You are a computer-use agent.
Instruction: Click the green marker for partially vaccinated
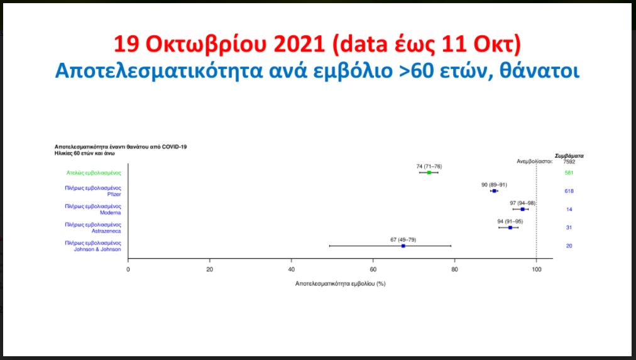(429, 173)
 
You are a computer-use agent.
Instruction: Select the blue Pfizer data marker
(494, 191)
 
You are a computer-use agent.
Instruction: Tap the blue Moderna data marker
(522, 209)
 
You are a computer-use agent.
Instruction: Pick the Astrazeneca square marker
(510, 227)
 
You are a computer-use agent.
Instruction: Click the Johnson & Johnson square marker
(403, 246)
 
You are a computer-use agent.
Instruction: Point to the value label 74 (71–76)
(429, 166)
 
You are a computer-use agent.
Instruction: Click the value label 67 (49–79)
(403, 240)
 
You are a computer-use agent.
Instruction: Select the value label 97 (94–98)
(522, 203)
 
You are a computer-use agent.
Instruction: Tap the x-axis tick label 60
(373, 270)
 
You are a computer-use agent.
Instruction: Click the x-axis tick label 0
(128, 270)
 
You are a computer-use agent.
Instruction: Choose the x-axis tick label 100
(536, 270)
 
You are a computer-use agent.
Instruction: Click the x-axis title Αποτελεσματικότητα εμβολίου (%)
(340, 284)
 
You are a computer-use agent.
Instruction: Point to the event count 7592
(569, 161)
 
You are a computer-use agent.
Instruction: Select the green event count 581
(569, 173)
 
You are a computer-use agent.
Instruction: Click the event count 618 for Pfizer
(569, 191)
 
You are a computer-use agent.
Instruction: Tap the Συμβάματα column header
(569, 156)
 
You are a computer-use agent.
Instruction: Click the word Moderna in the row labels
(111, 212)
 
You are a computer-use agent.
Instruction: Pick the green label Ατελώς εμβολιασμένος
(94, 173)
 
